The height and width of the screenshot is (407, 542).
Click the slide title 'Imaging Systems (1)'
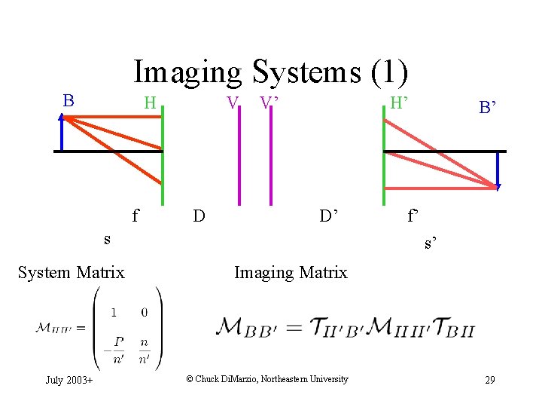(271, 72)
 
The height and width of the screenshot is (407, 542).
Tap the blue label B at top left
(69, 100)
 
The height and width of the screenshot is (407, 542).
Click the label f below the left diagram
(135, 216)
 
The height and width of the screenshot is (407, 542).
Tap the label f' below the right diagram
(413, 216)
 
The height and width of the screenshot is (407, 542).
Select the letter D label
(199, 216)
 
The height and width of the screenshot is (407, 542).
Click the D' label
(329, 216)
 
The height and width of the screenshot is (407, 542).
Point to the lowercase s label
(107, 239)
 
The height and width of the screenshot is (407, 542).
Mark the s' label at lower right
(431, 243)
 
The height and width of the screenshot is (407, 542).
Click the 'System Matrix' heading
(71, 272)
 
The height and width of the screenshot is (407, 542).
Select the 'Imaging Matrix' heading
(291, 272)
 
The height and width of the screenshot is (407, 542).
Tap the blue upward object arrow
(62, 132)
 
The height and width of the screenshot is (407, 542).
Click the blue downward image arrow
(498, 170)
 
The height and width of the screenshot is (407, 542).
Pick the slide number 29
(489, 380)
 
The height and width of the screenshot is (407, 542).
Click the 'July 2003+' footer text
(69, 380)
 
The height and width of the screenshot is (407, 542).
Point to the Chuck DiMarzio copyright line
(267, 379)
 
